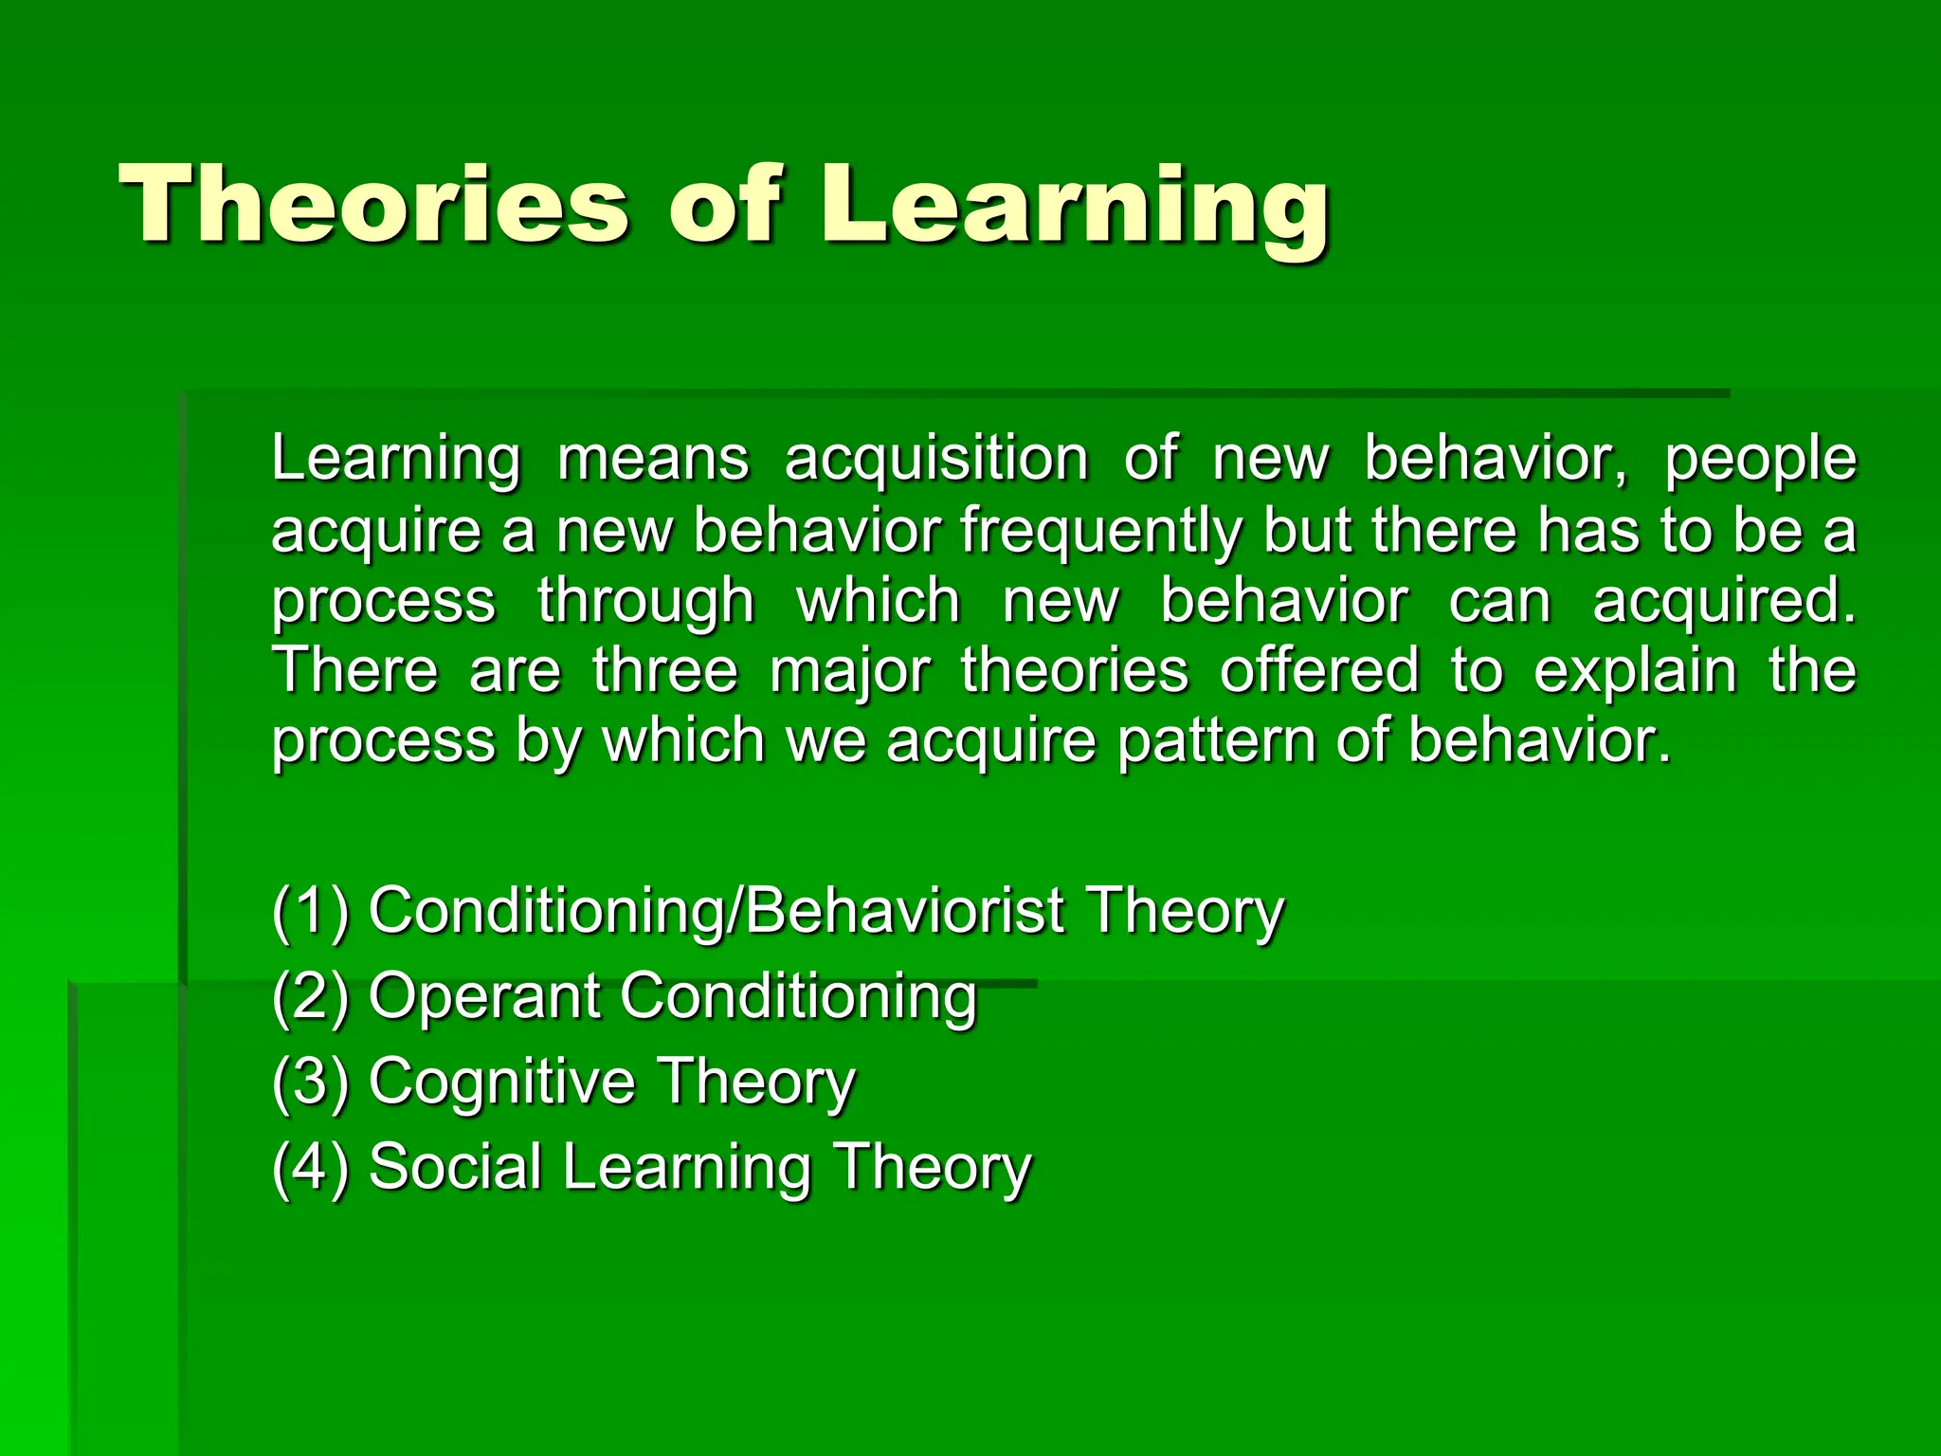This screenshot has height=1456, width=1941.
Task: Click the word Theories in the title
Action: [x=373, y=205]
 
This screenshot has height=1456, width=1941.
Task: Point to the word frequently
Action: [x=1100, y=531]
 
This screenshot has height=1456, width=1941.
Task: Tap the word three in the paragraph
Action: [x=665, y=670]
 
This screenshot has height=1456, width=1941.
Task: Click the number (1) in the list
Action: [x=310, y=911]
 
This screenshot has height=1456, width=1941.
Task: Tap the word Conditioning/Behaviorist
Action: [x=716, y=911]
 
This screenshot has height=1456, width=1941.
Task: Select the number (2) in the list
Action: [x=310, y=996]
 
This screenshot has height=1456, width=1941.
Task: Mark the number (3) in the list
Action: [x=310, y=1082]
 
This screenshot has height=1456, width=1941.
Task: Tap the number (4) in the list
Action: [x=310, y=1167]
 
